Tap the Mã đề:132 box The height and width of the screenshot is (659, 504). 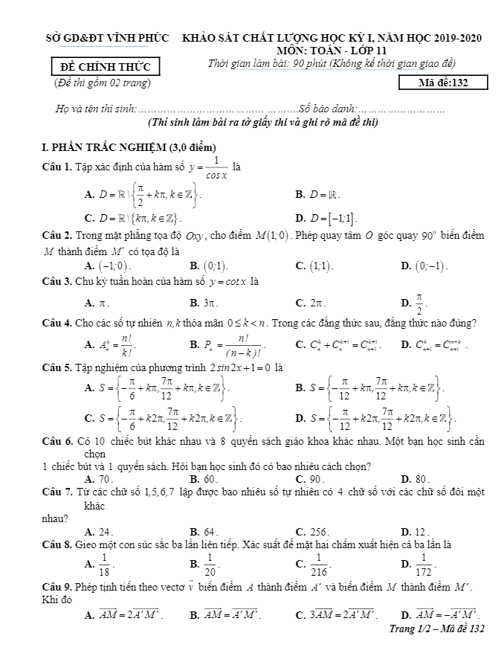point(442,83)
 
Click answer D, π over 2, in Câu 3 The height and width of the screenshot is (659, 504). point(414,303)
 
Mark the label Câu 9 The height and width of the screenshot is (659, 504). point(57,589)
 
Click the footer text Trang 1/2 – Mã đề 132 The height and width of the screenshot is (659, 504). point(437,629)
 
